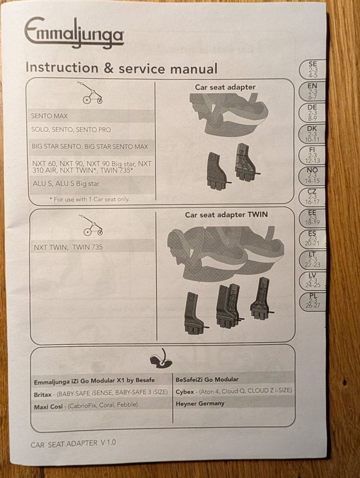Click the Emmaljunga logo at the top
click(74, 33)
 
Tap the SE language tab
click(312, 70)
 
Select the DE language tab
click(312, 113)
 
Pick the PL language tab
click(312, 301)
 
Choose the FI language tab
click(312, 155)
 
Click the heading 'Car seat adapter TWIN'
click(226, 215)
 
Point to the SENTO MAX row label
click(49, 116)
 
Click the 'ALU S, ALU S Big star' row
click(66, 184)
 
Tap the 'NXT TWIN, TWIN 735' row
click(68, 247)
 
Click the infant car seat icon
click(161, 358)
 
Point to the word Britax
click(42, 395)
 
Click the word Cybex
click(185, 392)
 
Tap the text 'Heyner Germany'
click(200, 403)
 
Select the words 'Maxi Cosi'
click(48, 406)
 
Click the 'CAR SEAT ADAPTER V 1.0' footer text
click(73, 443)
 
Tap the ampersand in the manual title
click(108, 69)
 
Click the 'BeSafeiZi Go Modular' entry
click(207, 380)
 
